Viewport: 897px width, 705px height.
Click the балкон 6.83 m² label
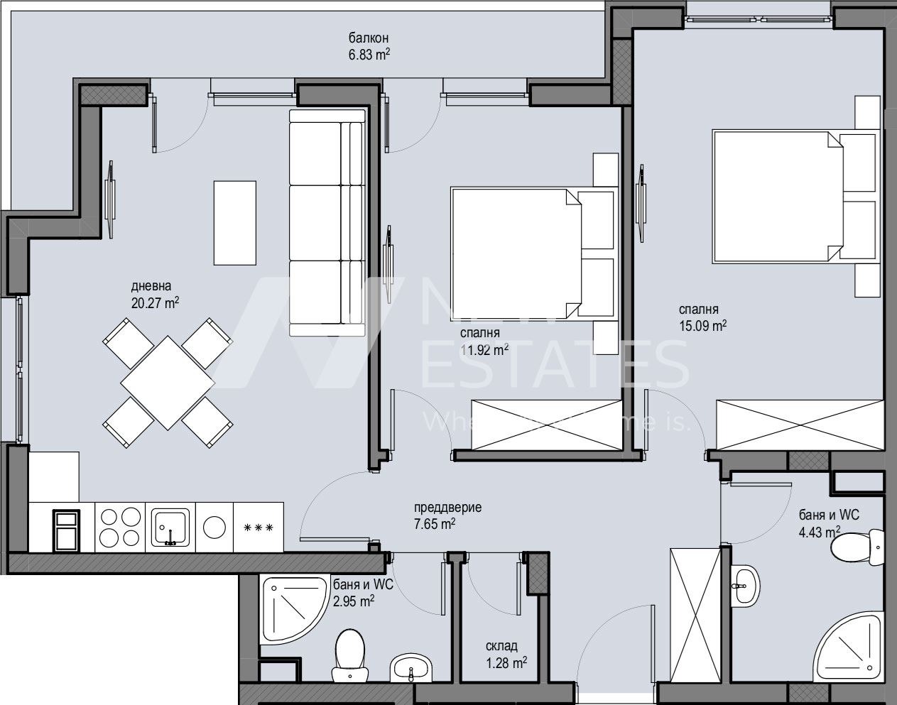(369, 46)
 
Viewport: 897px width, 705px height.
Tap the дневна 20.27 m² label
(154, 295)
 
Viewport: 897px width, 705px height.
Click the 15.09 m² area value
(702, 326)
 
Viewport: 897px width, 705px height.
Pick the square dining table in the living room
(168, 383)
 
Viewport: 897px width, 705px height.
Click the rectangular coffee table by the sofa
(235, 222)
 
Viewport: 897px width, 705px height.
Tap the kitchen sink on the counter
(170, 526)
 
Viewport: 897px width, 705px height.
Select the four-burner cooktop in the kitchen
(119, 526)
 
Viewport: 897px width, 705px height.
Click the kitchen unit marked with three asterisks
(259, 527)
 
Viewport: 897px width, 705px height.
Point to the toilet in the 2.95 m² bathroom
(349, 651)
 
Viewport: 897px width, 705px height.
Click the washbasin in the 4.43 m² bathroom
(745, 585)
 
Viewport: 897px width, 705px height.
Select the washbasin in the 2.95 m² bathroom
(411, 667)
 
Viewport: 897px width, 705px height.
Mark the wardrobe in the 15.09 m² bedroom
(800, 425)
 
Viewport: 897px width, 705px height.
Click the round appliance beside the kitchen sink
(214, 526)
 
